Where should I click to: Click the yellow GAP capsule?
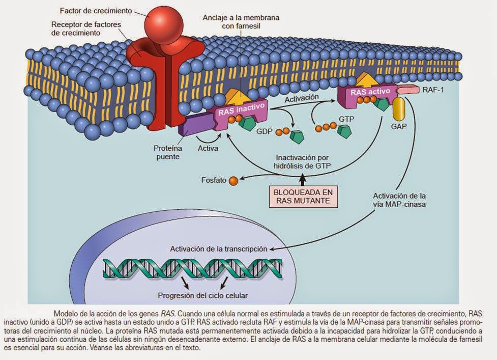pos(398,108)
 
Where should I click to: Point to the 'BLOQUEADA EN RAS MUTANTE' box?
pos(303,196)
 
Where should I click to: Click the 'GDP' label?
pos(265,131)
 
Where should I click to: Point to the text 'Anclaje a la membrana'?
pos(241,17)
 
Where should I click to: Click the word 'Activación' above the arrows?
pos(302,97)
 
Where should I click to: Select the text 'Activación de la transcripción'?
pos(218,249)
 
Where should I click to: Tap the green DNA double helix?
pos(193,268)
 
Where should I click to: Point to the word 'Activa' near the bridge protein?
pos(208,149)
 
